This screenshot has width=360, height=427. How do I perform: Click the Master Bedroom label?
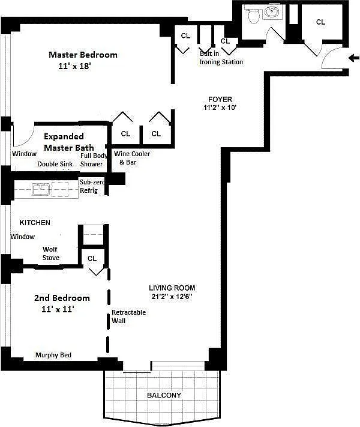83,55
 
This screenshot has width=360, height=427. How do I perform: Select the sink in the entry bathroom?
272,12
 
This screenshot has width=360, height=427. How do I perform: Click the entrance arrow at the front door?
354,58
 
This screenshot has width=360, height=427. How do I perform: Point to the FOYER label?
220,99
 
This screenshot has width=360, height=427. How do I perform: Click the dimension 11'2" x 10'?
220,108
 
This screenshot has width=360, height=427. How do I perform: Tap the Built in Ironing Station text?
221,58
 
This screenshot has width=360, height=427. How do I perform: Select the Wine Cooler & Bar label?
132,158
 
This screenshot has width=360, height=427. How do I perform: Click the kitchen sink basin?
41,189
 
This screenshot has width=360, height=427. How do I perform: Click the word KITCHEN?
35,223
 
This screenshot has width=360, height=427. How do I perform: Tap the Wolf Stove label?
50,253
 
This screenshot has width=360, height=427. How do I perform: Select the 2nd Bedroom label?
62,298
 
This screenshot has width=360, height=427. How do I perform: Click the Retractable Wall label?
129,316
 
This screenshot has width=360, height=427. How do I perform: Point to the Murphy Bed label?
53,355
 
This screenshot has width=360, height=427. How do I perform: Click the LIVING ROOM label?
172,288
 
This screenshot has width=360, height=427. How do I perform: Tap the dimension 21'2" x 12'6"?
172,296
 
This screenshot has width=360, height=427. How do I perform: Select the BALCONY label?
164,395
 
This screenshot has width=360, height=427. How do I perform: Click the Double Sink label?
55,164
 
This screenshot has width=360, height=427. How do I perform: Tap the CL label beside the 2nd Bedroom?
92,258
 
